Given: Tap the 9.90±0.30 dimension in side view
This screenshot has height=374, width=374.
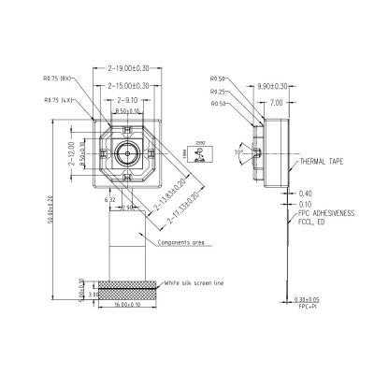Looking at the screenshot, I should pyautogui.click(x=270, y=84).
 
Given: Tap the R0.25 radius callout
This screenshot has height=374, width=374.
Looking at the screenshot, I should pyautogui.click(x=219, y=92).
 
